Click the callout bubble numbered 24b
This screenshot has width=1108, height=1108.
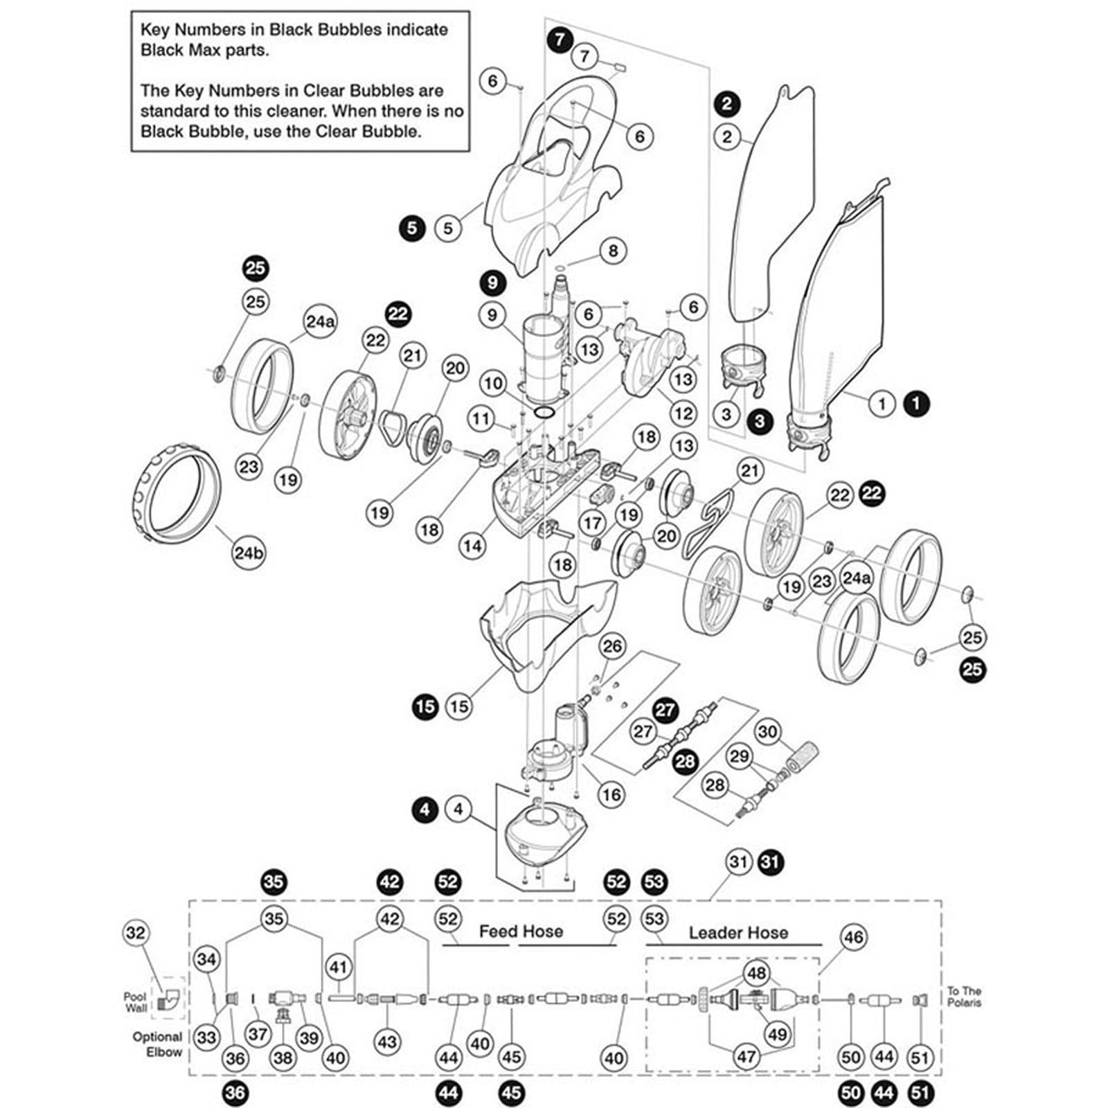(x=249, y=553)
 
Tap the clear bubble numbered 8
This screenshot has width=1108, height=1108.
(x=612, y=250)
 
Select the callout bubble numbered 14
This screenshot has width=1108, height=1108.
(x=472, y=546)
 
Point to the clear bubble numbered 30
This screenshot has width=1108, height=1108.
(x=767, y=731)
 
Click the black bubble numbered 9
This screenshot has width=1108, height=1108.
(x=492, y=283)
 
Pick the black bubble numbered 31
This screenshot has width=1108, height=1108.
(x=770, y=862)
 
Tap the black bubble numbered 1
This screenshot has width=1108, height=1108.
(x=917, y=403)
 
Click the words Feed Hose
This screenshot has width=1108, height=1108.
(x=521, y=931)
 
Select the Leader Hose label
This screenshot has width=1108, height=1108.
(x=738, y=933)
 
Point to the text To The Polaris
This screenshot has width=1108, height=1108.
(x=964, y=997)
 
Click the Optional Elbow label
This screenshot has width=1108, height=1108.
(x=158, y=1044)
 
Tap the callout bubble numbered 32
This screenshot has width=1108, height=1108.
(x=136, y=933)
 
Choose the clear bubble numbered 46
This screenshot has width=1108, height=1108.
(x=853, y=937)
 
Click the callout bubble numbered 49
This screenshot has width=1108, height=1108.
(x=777, y=1035)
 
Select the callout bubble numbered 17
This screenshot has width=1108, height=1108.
(x=591, y=522)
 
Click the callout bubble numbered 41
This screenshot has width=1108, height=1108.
(x=339, y=967)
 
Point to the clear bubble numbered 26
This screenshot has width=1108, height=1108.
(x=612, y=646)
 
